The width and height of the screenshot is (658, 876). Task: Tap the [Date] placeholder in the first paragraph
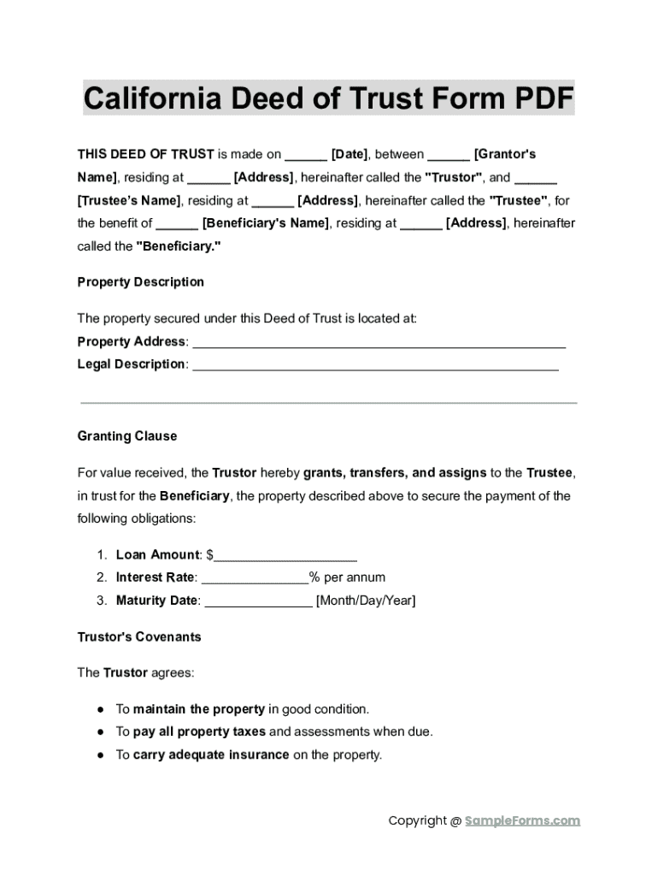[350, 155]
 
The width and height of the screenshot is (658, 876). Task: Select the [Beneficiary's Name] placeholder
[265, 223]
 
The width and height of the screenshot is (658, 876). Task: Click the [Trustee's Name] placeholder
[129, 201]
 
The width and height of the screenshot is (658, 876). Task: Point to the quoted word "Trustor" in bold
[455, 178]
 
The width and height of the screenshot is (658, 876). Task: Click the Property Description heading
[141, 282]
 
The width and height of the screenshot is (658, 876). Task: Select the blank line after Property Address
[379, 344]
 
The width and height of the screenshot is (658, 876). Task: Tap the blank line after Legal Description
[375, 366]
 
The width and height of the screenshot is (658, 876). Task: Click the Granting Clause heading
[127, 436]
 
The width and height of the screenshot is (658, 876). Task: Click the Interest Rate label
[156, 577]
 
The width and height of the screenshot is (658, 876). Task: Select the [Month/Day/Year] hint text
[366, 601]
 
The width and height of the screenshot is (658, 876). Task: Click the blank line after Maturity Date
[259, 602]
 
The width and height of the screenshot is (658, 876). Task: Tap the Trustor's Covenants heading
[139, 637]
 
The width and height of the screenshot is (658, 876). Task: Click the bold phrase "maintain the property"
[198, 709]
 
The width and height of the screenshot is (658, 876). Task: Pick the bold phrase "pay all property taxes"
[199, 732]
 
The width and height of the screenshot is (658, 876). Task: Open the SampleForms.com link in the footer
[522, 821]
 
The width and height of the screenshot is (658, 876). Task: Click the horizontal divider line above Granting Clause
[329, 403]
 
